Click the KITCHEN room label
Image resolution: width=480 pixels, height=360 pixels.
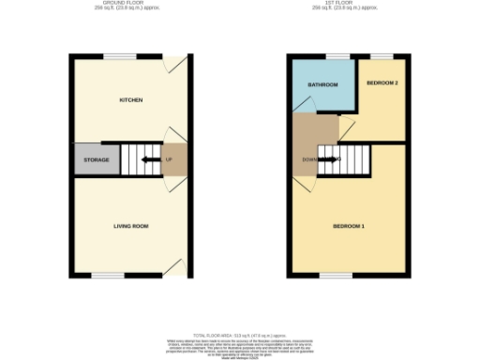click(x=130, y=99)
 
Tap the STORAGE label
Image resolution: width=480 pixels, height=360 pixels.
click(x=97, y=160)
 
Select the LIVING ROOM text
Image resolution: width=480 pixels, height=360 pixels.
click(x=131, y=226)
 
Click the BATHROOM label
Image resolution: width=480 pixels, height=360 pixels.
click(x=323, y=84)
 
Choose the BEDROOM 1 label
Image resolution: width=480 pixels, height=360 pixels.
click(x=349, y=226)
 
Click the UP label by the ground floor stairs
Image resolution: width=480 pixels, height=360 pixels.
click(x=169, y=159)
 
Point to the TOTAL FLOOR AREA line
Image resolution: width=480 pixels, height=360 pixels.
click(x=240, y=333)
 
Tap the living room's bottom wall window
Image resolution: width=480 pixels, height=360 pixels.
click(x=108, y=275)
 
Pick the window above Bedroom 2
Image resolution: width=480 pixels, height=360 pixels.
click(x=382, y=55)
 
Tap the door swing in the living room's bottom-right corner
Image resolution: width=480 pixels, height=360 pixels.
click(x=174, y=268)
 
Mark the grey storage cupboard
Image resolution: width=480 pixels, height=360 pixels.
click(x=97, y=159)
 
